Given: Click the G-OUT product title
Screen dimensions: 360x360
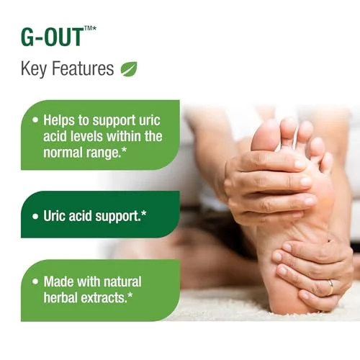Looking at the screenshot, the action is point(52,37).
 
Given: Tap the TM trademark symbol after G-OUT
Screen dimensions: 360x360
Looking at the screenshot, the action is point(88,29).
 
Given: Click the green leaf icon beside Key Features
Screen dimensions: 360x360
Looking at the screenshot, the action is point(129,69).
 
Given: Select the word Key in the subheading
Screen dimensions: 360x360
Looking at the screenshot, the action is point(34,69).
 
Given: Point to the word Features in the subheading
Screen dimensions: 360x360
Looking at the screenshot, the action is point(83,68).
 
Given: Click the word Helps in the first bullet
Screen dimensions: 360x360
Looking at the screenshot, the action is point(59,120).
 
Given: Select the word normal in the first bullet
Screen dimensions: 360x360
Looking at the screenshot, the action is point(61,153).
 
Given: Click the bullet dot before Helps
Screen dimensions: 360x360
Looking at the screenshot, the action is point(35,120).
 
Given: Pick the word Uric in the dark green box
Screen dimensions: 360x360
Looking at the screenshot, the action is point(55,216).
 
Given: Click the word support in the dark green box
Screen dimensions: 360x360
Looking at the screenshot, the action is point(117,217).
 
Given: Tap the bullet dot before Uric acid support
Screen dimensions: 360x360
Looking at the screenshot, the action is point(35,217).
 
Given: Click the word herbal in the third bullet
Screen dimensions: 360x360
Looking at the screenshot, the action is point(61,297).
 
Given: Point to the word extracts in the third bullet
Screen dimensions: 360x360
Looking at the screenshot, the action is point(103,298).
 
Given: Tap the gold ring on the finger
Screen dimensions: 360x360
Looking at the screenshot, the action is point(330,287).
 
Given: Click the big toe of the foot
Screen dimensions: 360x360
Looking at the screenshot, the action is point(265,135).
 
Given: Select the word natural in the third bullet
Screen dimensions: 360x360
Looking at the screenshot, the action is point(122,282).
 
